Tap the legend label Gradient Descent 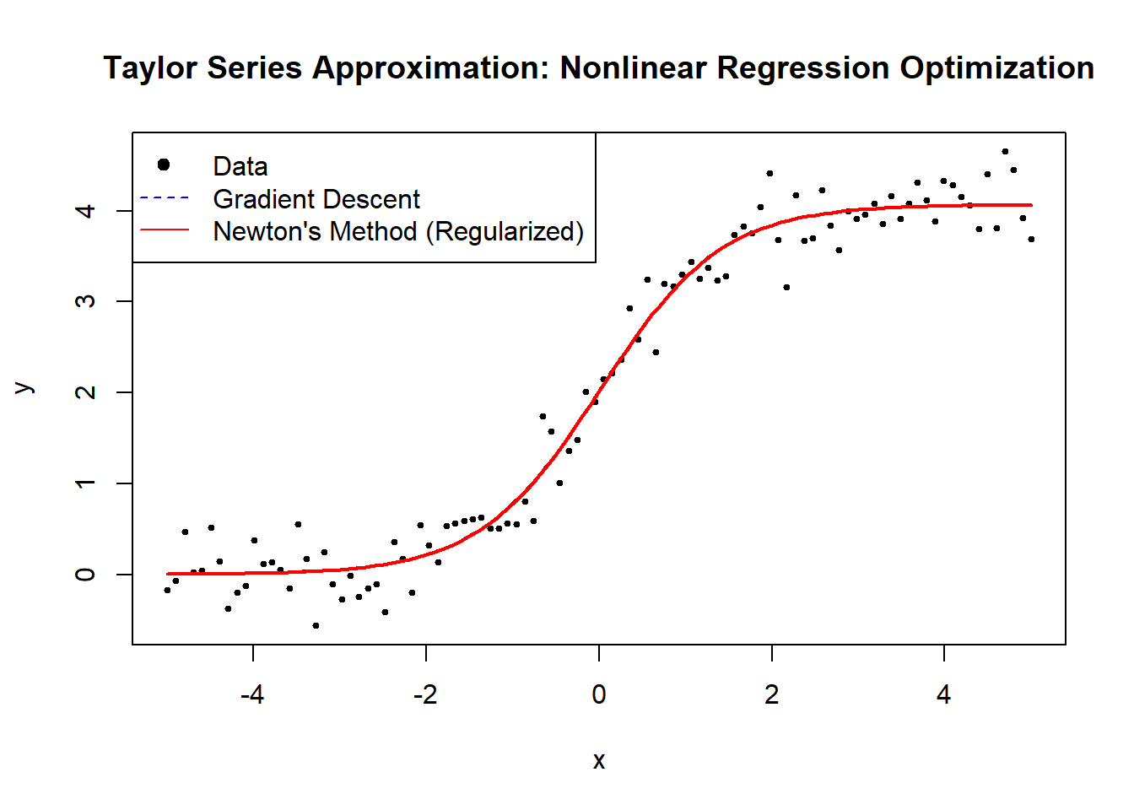316,199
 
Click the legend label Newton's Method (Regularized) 398,231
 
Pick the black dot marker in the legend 164,165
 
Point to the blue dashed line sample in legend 164,198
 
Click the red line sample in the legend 164,229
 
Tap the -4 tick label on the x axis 252,694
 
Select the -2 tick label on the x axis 425,694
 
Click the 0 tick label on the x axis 598,694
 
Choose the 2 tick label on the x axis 771,694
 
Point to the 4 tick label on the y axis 85,210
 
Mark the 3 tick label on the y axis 85,301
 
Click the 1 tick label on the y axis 85,483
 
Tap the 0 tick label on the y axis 85,575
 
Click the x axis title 598,761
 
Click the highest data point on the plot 1005,152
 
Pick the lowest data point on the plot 316,625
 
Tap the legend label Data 240,166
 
